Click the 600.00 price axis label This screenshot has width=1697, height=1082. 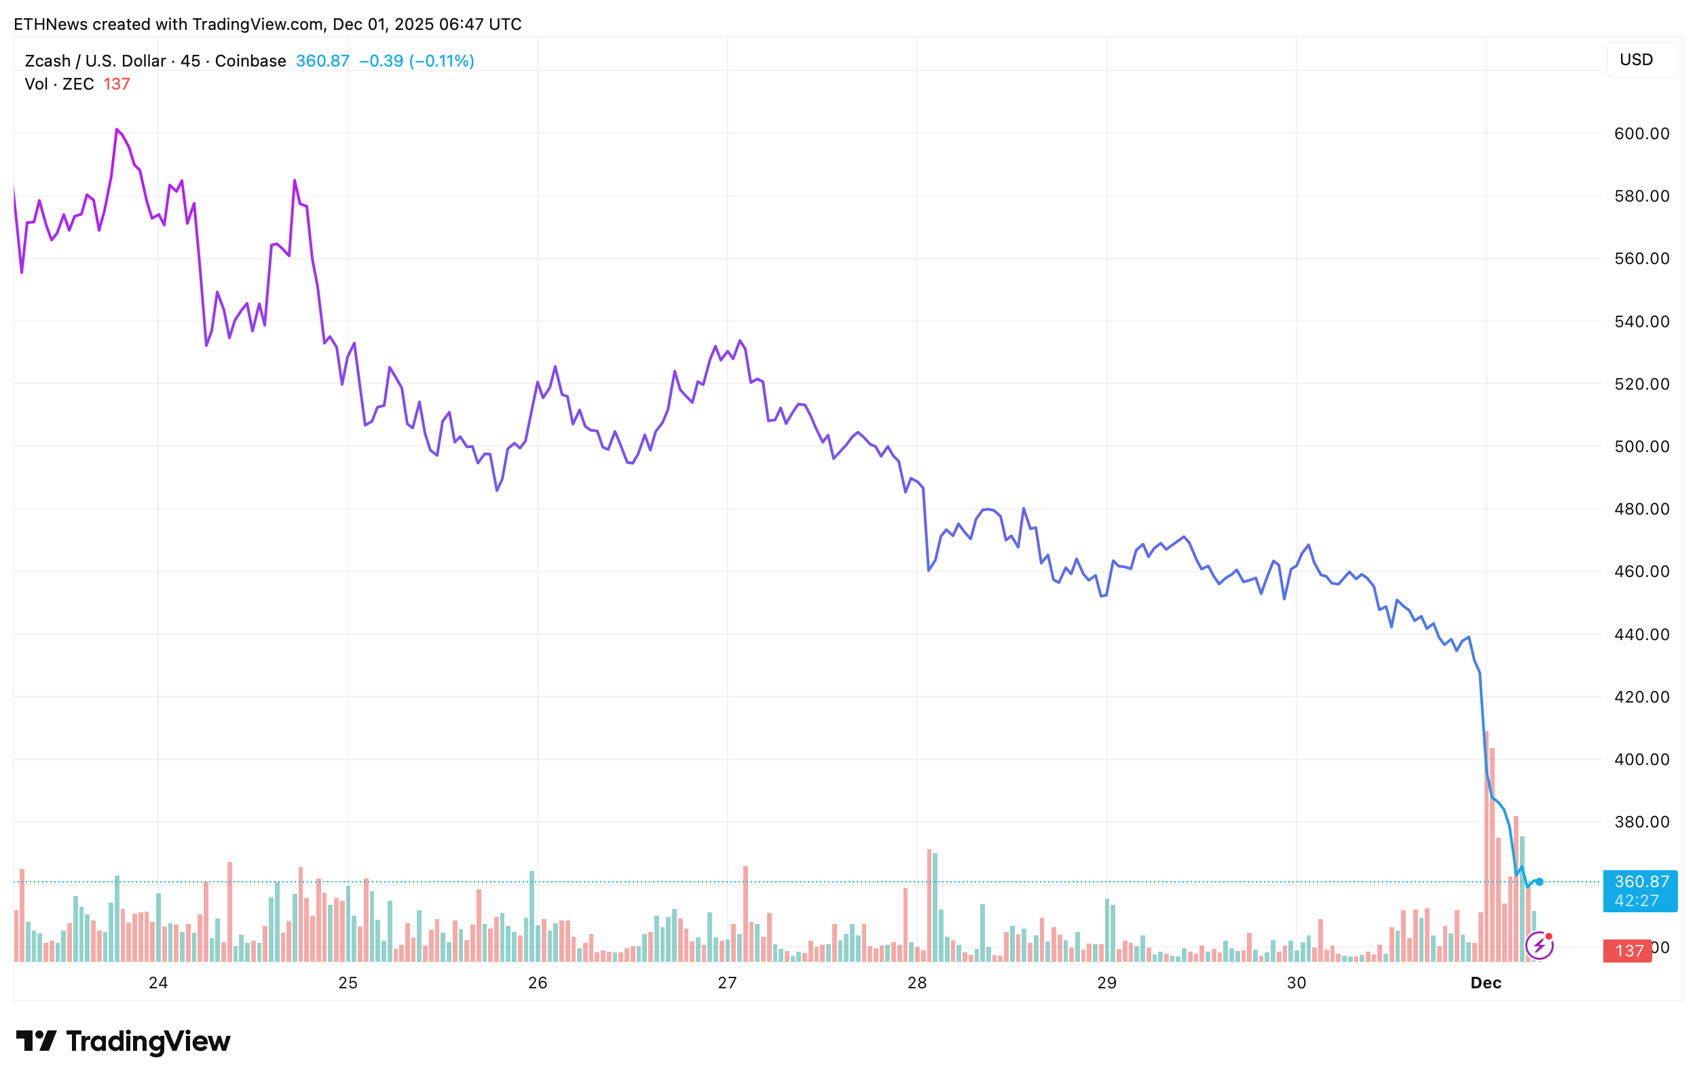tap(1641, 134)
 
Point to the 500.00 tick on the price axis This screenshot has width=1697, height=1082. tap(1641, 447)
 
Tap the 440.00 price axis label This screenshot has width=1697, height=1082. tap(1641, 635)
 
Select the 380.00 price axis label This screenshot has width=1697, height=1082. tap(1641, 822)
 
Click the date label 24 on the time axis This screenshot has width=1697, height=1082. tap(158, 983)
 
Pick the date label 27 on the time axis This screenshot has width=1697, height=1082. tap(726, 983)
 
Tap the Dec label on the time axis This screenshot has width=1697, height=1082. tap(1486, 983)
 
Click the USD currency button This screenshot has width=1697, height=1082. tap(1636, 60)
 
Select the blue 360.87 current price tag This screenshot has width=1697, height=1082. tap(1641, 891)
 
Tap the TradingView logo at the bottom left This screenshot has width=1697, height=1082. tap(124, 1041)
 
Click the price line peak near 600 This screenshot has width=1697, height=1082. tap(116, 130)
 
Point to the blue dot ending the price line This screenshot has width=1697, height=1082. tap(1540, 882)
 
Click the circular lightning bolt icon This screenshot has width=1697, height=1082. tap(1539, 946)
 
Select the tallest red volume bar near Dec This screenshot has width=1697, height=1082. tap(1487, 846)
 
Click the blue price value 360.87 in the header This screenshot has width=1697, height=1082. tap(322, 61)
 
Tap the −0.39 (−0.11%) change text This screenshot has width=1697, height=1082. tap(417, 61)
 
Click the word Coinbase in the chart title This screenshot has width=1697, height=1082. tap(250, 61)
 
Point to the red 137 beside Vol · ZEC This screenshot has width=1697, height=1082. tap(116, 85)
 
